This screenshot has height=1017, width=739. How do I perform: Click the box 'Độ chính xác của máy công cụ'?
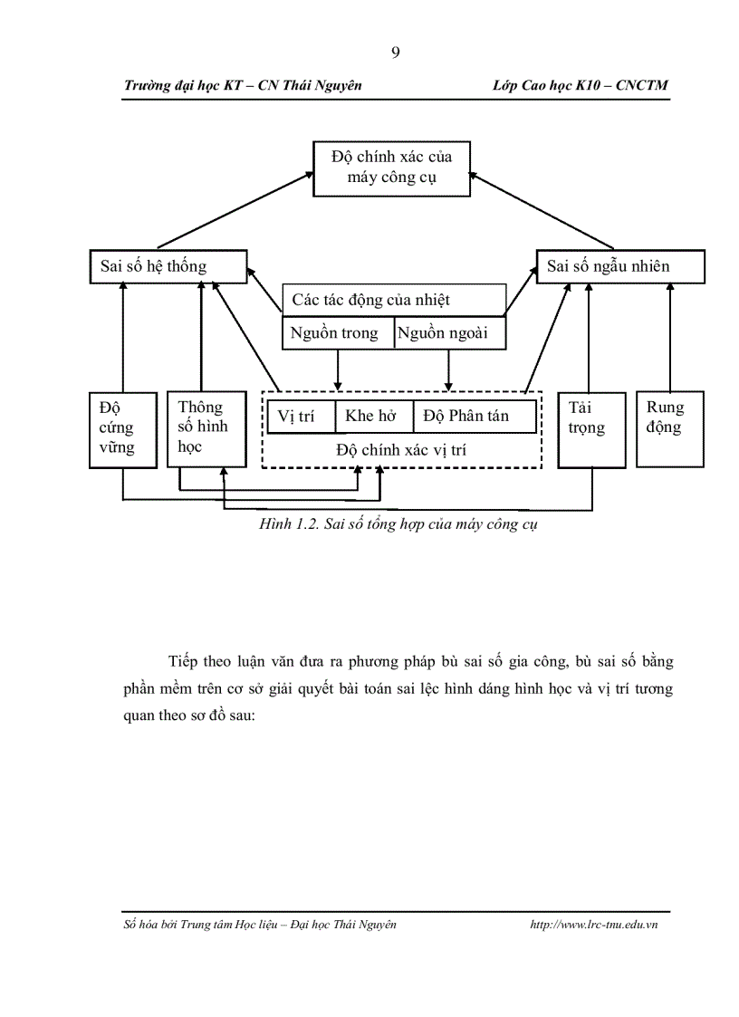click(x=392, y=168)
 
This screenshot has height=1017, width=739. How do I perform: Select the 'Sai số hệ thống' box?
click(x=169, y=266)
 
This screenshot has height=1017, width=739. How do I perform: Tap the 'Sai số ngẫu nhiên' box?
click(x=620, y=266)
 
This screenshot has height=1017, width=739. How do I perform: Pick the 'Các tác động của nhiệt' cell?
click(x=394, y=300)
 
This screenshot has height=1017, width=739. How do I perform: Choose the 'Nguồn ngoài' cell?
click(x=450, y=333)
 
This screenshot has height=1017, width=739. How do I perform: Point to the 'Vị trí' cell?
click(x=301, y=417)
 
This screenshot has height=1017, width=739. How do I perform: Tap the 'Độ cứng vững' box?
click(x=123, y=429)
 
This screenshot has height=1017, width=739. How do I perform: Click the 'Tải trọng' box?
click(x=591, y=429)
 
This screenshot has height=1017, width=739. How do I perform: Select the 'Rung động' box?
click(x=670, y=429)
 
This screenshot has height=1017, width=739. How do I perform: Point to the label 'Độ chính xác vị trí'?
click(x=401, y=449)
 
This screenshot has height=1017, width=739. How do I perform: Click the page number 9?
click(x=395, y=52)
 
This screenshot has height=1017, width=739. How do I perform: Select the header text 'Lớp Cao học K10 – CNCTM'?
click(x=581, y=85)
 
